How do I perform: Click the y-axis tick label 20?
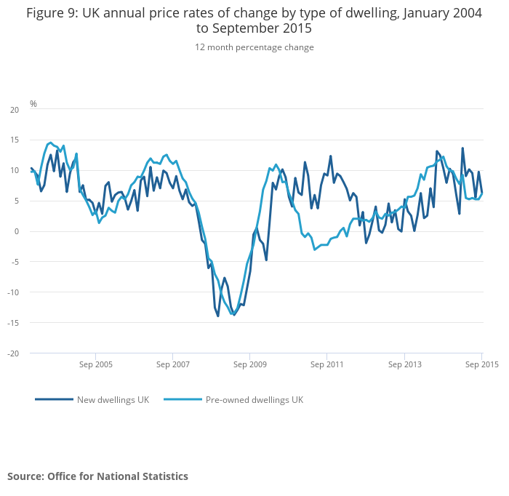click(15, 110)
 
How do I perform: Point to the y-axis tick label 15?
click(15, 140)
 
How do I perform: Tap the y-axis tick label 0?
click(17, 231)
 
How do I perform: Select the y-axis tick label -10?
click(13, 292)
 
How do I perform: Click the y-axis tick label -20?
click(13, 353)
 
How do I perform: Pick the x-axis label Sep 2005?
click(96, 364)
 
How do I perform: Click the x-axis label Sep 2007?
click(173, 364)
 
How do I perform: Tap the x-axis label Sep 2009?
click(249, 364)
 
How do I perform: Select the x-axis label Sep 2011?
click(327, 364)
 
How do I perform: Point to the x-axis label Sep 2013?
click(404, 364)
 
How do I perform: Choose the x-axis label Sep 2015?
click(481, 364)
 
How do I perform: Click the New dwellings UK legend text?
click(113, 400)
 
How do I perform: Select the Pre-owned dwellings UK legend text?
click(254, 400)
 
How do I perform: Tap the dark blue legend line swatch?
click(54, 399)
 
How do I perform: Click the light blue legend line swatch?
click(183, 399)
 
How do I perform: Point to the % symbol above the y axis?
click(33, 104)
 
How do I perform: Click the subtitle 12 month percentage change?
click(254, 47)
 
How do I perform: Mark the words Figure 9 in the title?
click(52, 13)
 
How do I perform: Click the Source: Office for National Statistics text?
click(97, 476)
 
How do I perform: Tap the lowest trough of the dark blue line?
click(217, 316)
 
